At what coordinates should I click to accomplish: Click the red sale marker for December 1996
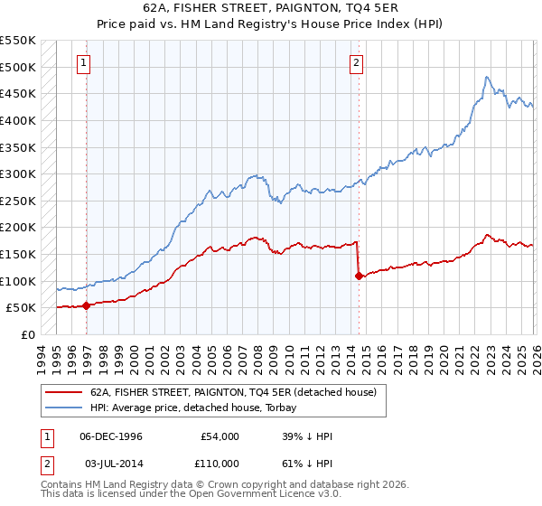click(x=87, y=305)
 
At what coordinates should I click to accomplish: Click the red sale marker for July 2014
click(x=359, y=276)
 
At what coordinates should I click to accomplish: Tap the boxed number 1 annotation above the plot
click(x=84, y=63)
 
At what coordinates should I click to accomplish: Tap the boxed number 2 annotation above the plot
click(x=357, y=63)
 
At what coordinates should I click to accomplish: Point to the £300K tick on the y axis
click(x=18, y=173)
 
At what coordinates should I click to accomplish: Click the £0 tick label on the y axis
click(x=28, y=334)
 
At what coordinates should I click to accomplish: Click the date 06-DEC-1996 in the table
click(x=110, y=436)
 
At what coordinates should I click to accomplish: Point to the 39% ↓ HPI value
click(x=307, y=436)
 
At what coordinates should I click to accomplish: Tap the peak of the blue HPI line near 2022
click(x=487, y=78)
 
